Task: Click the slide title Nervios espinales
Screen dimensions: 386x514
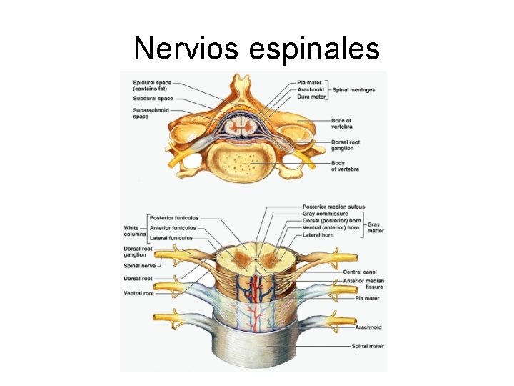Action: coord(256,49)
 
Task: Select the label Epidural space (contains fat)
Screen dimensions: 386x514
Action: coord(151,86)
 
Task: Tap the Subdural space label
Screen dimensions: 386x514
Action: coord(153,99)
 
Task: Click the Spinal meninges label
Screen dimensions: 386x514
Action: coord(354,90)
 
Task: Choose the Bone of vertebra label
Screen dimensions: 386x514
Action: coord(341,124)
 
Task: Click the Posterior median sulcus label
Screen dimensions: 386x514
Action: coord(333,207)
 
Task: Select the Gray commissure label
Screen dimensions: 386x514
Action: coord(326,214)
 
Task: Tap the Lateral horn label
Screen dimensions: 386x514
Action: coord(318,234)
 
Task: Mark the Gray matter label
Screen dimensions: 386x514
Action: coord(376,227)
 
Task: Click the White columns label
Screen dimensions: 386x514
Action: coord(134,231)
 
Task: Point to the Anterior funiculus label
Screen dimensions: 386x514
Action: coord(173,228)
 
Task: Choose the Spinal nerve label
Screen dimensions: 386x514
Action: coord(139,266)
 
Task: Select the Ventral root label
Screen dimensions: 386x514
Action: coord(138,294)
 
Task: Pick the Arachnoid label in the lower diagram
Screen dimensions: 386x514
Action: coord(368,327)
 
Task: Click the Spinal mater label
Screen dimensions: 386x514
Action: coord(368,346)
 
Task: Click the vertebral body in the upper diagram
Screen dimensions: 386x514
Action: coord(246,161)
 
